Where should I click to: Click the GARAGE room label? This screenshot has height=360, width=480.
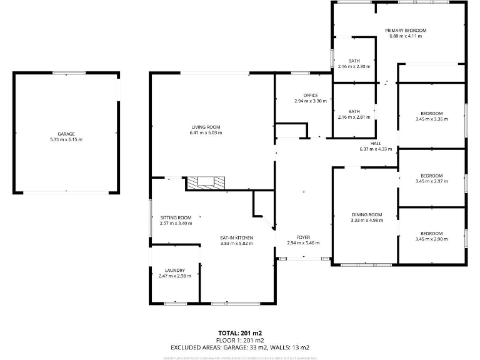coord(66,134)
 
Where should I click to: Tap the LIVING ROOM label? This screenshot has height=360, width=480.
coord(206,127)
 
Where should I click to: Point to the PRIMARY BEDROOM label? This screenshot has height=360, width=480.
coord(406,31)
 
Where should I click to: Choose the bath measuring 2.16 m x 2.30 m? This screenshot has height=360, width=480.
coord(354,66)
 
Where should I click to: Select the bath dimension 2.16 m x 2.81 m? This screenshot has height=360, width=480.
coord(354,117)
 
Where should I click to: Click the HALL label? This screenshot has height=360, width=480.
coord(376,143)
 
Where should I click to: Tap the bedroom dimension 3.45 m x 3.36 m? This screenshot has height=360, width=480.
coord(431,119)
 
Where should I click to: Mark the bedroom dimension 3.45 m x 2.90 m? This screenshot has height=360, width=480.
coord(431,239)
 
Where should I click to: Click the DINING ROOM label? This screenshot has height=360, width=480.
coord(366,214)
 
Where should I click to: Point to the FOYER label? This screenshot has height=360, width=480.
coord(303,237)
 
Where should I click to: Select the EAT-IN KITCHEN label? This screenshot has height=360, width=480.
coord(236,238)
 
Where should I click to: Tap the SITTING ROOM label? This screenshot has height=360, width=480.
coord(176,217)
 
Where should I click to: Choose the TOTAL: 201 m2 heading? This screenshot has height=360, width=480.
coord(240,332)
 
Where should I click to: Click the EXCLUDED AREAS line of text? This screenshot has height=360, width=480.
coord(240,347)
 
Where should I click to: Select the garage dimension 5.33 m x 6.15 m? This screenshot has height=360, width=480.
coord(66,139)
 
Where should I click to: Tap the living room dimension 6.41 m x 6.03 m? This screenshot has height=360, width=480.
coord(206,133)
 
